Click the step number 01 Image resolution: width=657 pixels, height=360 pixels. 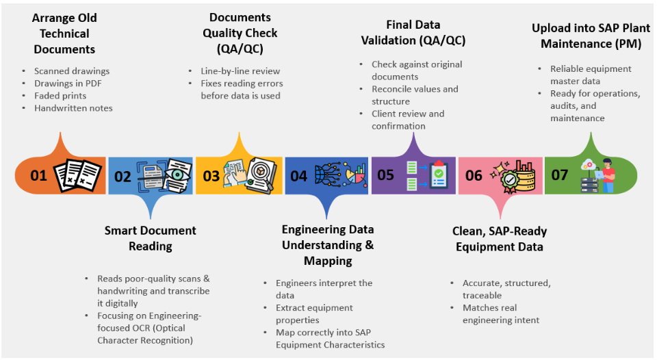point(38,176)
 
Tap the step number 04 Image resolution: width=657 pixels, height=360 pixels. point(298,176)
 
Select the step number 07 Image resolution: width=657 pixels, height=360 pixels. point(560,175)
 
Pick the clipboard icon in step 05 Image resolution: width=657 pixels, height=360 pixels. point(438,176)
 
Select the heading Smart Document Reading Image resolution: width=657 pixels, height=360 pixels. point(151,237)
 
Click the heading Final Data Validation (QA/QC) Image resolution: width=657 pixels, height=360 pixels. point(413,34)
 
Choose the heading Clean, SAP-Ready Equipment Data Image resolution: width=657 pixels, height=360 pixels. point(500,238)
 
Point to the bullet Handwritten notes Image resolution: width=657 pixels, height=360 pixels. point(73,108)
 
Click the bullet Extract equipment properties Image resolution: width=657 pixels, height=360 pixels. point(314,314)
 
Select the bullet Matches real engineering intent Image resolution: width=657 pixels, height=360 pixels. point(501,314)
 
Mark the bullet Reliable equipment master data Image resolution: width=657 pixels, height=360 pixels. point(591,75)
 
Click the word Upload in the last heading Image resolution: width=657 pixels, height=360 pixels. point(551,28)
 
